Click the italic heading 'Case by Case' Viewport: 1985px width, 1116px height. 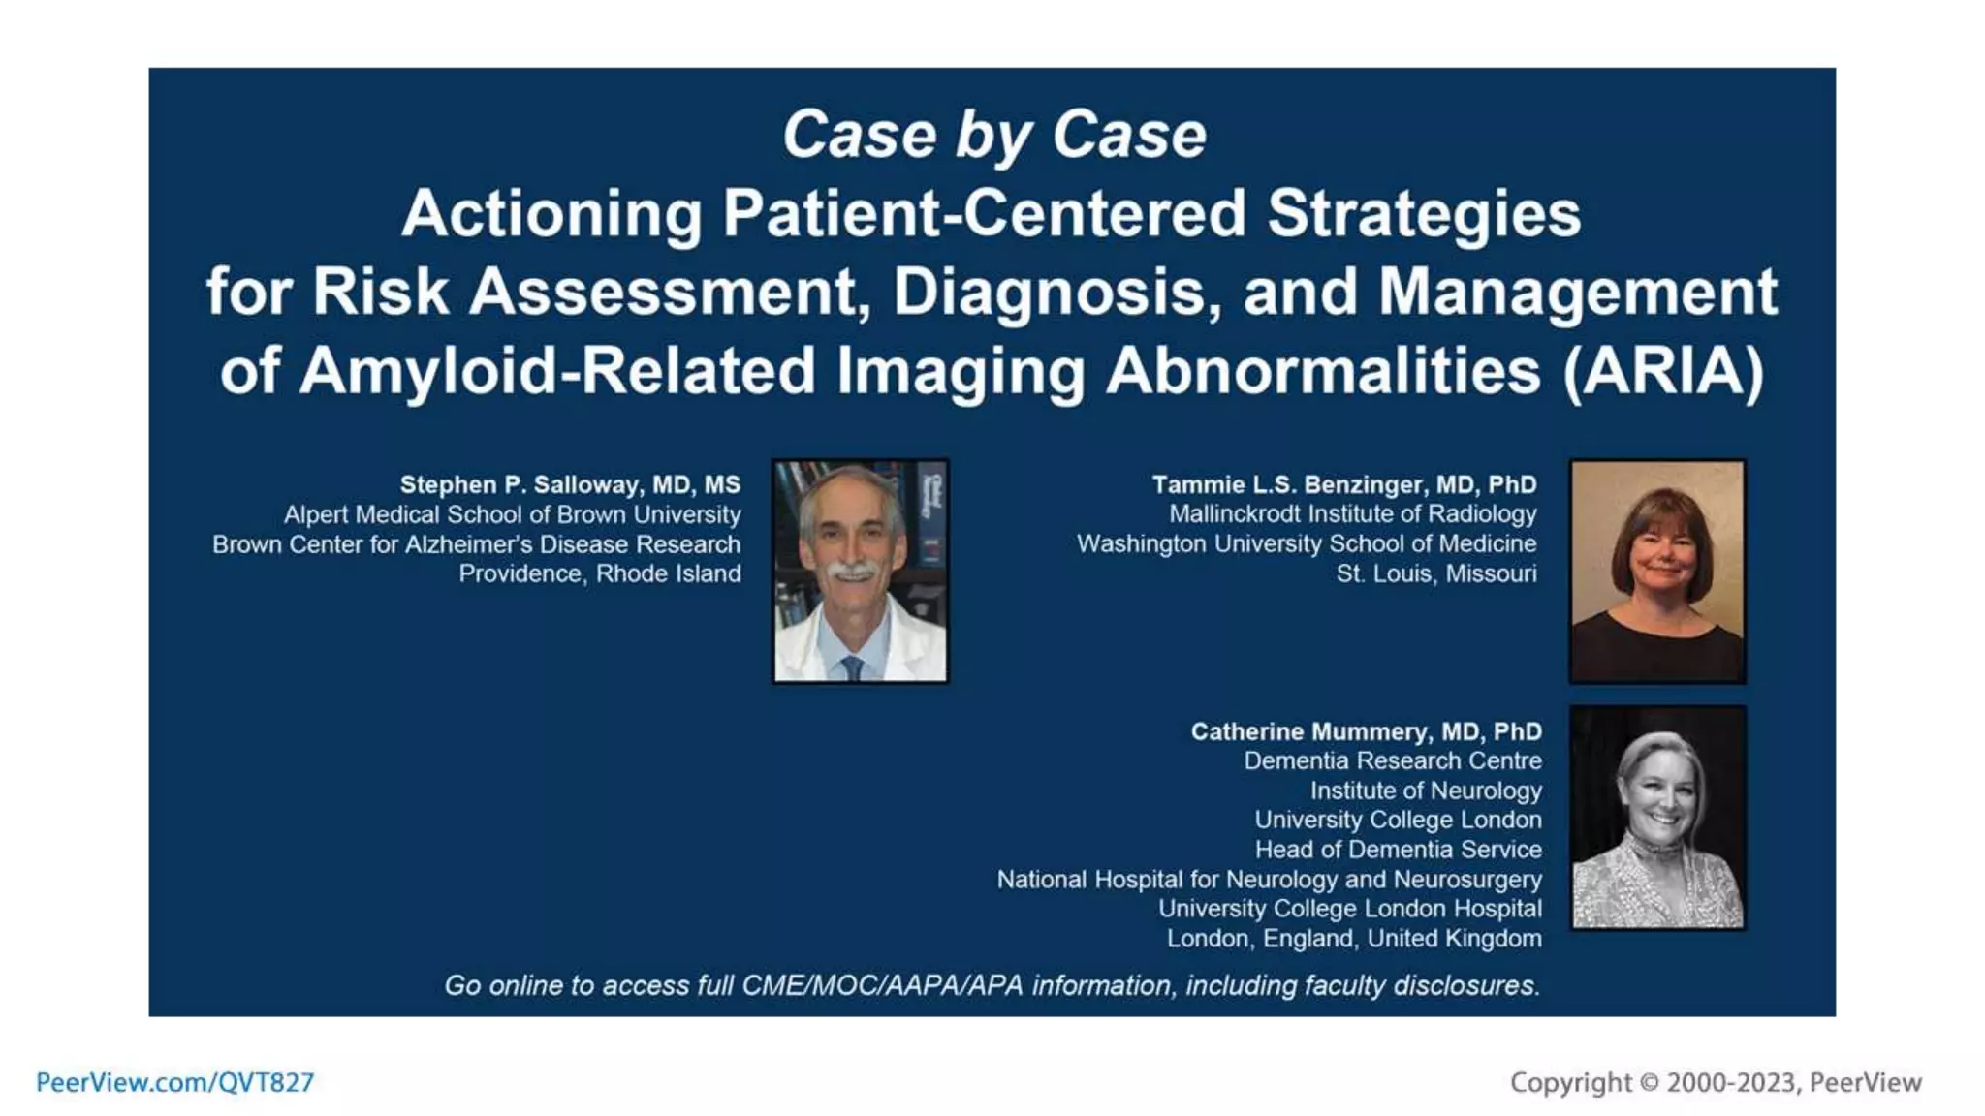point(993,135)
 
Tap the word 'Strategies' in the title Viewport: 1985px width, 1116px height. point(1424,213)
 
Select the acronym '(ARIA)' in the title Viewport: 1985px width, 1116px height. point(1663,371)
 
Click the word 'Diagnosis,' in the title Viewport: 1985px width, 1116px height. point(1056,292)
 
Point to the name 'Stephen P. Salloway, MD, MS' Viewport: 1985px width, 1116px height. point(570,484)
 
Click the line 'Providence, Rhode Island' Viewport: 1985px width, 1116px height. point(599,573)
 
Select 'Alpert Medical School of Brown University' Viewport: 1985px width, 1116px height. point(512,514)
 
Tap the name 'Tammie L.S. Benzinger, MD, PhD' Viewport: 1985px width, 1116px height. point(1343,484)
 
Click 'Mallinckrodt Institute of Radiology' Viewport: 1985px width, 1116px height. point(1352,514)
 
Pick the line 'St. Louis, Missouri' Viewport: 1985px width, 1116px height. point(1435,573)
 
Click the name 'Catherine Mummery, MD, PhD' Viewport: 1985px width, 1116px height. point(1366,731)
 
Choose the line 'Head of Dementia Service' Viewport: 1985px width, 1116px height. point(1398,850)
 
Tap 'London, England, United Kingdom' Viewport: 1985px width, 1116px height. point(1353,939)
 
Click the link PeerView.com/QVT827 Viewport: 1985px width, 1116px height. point(175,1082)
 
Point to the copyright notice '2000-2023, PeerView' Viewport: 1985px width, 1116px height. point(1793,1082)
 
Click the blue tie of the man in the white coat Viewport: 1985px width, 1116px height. point(852,667)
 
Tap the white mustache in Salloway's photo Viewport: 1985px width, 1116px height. point(852,571)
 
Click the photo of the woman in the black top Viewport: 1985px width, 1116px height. point(1657,572)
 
